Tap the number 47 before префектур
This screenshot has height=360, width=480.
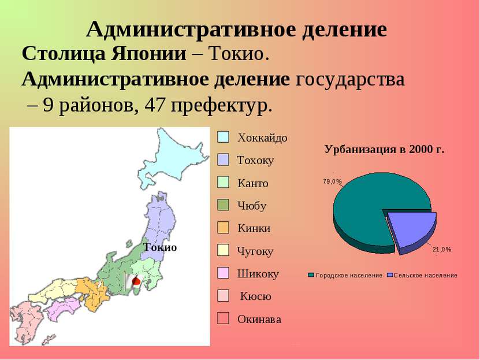pyautogui.click(x=155, y=106)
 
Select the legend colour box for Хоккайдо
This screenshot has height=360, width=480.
pyautogui.click(x=223, y=137)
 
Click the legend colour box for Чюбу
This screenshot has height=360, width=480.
pyautogui.click(x=223, y=205)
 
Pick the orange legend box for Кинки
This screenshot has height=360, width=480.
pyautogui.click(x=223, y=228)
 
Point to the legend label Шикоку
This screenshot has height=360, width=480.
pyautogui.click(x=258, y=273)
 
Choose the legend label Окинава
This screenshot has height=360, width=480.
pyautogui.click(x=259, y=319)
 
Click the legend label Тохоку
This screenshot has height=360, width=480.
pyautogui.click(x=255, y=160)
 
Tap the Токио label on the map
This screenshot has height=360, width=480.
pyautogui.click(x=160, y=247)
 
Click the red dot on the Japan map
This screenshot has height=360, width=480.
pyautogui.click(x=136, y=281)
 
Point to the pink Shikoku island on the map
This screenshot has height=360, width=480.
pyautogui.click(x=64, y=309)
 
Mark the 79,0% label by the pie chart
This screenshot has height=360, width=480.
pyautogui.click(x=332, y=181)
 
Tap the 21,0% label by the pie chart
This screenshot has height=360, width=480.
pyautogui.click(x=442, y=250)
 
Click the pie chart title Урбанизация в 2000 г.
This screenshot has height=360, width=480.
pyautogui.click(x=384, y=150)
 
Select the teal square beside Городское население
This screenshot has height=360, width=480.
pyautogui.click(x=311, y=275)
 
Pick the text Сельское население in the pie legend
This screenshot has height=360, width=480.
pyautogui.click(x=426, y=275)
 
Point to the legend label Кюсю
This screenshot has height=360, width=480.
pyautogui.click(x=256, y=296)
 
